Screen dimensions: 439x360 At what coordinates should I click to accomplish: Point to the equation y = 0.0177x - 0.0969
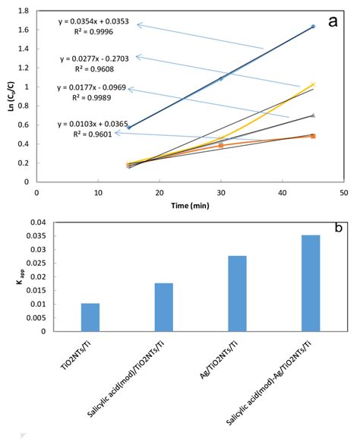(95, 87)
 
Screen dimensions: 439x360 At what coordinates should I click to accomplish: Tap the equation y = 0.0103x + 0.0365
(95, 124)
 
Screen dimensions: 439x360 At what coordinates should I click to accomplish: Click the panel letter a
(332, 21)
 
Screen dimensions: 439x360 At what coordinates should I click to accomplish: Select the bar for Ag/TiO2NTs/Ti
(237, 293)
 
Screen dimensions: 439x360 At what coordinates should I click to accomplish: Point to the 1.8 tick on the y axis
(28, 11)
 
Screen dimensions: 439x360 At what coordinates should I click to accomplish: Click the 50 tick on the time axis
(343, 193)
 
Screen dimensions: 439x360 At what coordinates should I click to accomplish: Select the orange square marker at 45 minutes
(313, 136)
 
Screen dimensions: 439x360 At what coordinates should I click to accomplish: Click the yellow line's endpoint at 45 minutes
(313, 84)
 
